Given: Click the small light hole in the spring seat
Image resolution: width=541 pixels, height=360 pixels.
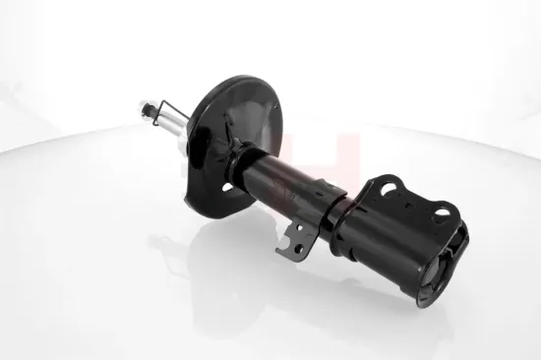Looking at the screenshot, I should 227,186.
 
